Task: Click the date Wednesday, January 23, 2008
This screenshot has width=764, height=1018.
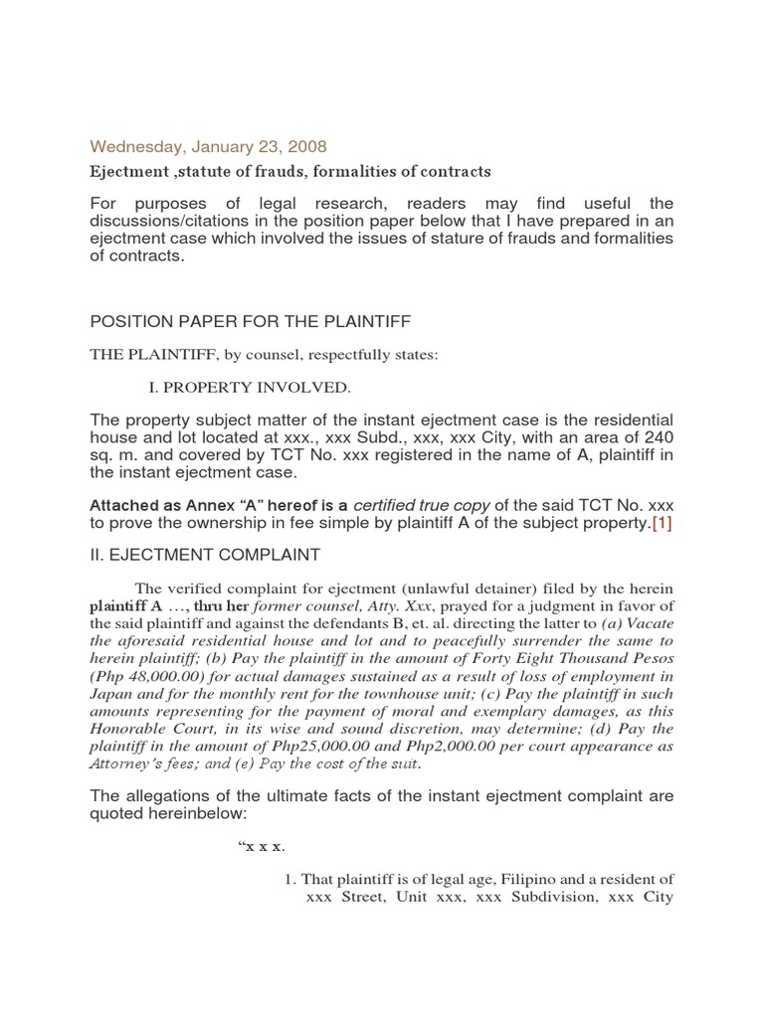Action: tap(180, 146)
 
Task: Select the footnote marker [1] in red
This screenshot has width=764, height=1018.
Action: tap(662, 525)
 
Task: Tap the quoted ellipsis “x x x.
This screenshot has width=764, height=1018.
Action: tap(259, 847)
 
